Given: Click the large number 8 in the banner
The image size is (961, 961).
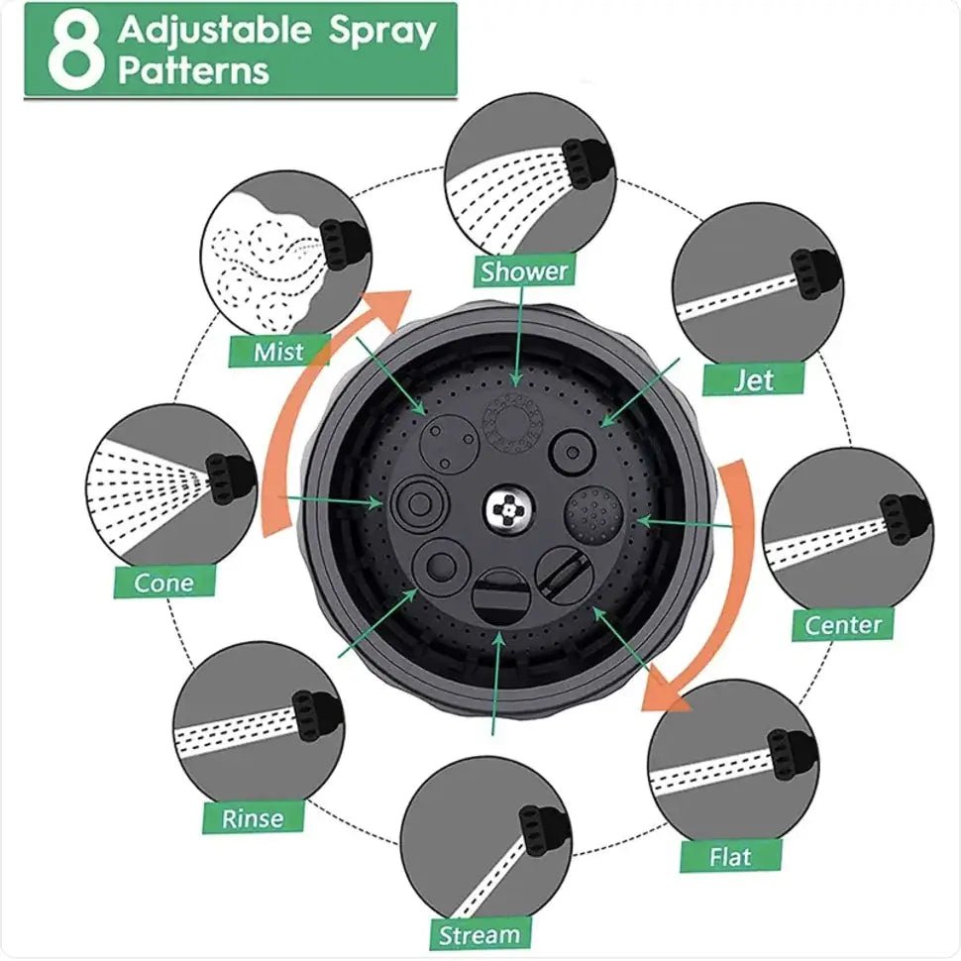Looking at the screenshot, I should [x=69, y=50].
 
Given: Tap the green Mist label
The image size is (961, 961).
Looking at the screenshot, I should [x=278, y=350].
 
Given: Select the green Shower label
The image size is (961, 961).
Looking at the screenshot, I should [x=524, y=270].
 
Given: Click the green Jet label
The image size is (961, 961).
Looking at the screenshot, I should [x=753, y=378].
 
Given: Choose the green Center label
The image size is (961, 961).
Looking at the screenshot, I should [x=842, y=624].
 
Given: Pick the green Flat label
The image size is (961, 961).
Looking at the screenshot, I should [x=730, y=855].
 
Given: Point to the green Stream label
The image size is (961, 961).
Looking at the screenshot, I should [x=479, y=934].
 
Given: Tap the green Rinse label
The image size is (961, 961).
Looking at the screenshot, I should [x=253, y=817].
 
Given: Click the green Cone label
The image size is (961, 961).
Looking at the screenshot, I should [x=163, y=582].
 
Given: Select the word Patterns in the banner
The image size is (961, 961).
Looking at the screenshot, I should [x=193, y=71].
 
